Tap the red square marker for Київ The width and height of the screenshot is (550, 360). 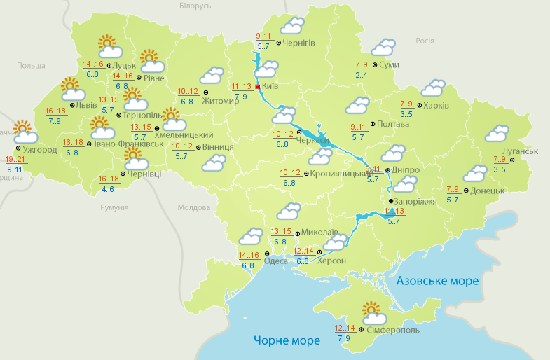[x=258, y=87]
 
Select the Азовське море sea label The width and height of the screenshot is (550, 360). [x=437, y=281]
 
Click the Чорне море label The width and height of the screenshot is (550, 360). [x=287, y=340]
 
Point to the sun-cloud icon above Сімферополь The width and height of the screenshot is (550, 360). [x=372, y=311]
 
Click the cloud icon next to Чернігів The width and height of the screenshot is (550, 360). [x=292, y=27]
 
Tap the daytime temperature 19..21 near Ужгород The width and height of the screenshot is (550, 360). [x=25, y=159]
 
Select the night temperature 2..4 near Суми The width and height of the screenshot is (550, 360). [x=362, y=75]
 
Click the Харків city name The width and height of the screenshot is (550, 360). [x=436, y=106]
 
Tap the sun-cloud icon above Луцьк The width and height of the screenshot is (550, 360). [x=109, y=46]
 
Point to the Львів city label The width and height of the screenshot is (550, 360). [x=88, y=105]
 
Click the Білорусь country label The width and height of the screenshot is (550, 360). [x=195, y=6]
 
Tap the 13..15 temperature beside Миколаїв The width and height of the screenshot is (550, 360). [x=281, y=232]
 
